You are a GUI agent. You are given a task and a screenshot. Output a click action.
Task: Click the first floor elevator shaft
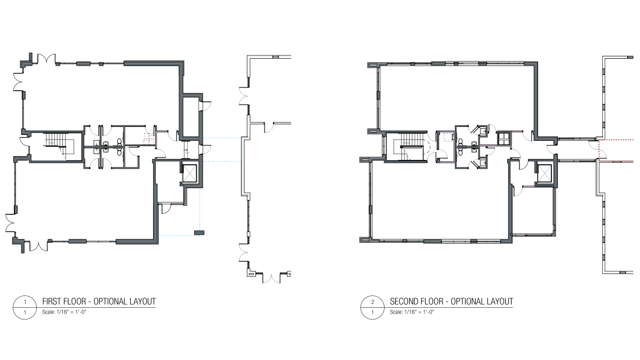click(189, 173)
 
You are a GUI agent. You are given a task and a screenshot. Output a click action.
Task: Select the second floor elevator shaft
click(544, 173)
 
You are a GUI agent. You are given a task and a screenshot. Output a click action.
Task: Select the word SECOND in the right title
click(403, 301)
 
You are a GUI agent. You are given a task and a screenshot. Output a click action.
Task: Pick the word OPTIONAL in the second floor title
click(467, 301)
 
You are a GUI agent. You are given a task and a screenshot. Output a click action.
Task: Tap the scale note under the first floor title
click(65, 312)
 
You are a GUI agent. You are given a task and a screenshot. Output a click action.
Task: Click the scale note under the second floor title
click(412, 312)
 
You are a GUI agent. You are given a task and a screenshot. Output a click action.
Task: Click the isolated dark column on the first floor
click(199, 233)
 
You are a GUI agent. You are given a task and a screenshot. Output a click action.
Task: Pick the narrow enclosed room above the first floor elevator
click(190, 117)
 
